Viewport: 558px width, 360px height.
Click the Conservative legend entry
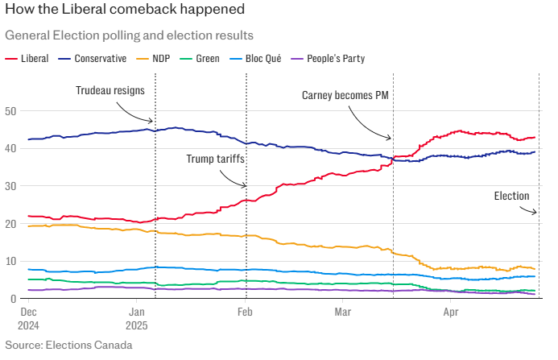click(101, 58)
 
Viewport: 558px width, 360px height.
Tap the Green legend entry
click(208, 58)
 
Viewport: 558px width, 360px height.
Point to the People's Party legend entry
click(328, 58)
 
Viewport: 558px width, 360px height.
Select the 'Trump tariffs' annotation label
click(215, 159)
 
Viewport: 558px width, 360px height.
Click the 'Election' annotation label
click(511, 196)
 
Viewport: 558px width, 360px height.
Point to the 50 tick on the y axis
click(10, 111)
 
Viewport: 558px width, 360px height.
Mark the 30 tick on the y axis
click(10, 186)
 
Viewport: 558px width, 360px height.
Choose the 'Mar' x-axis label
click(344, 311)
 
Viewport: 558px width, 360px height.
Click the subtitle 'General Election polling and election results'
click(129, 36)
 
